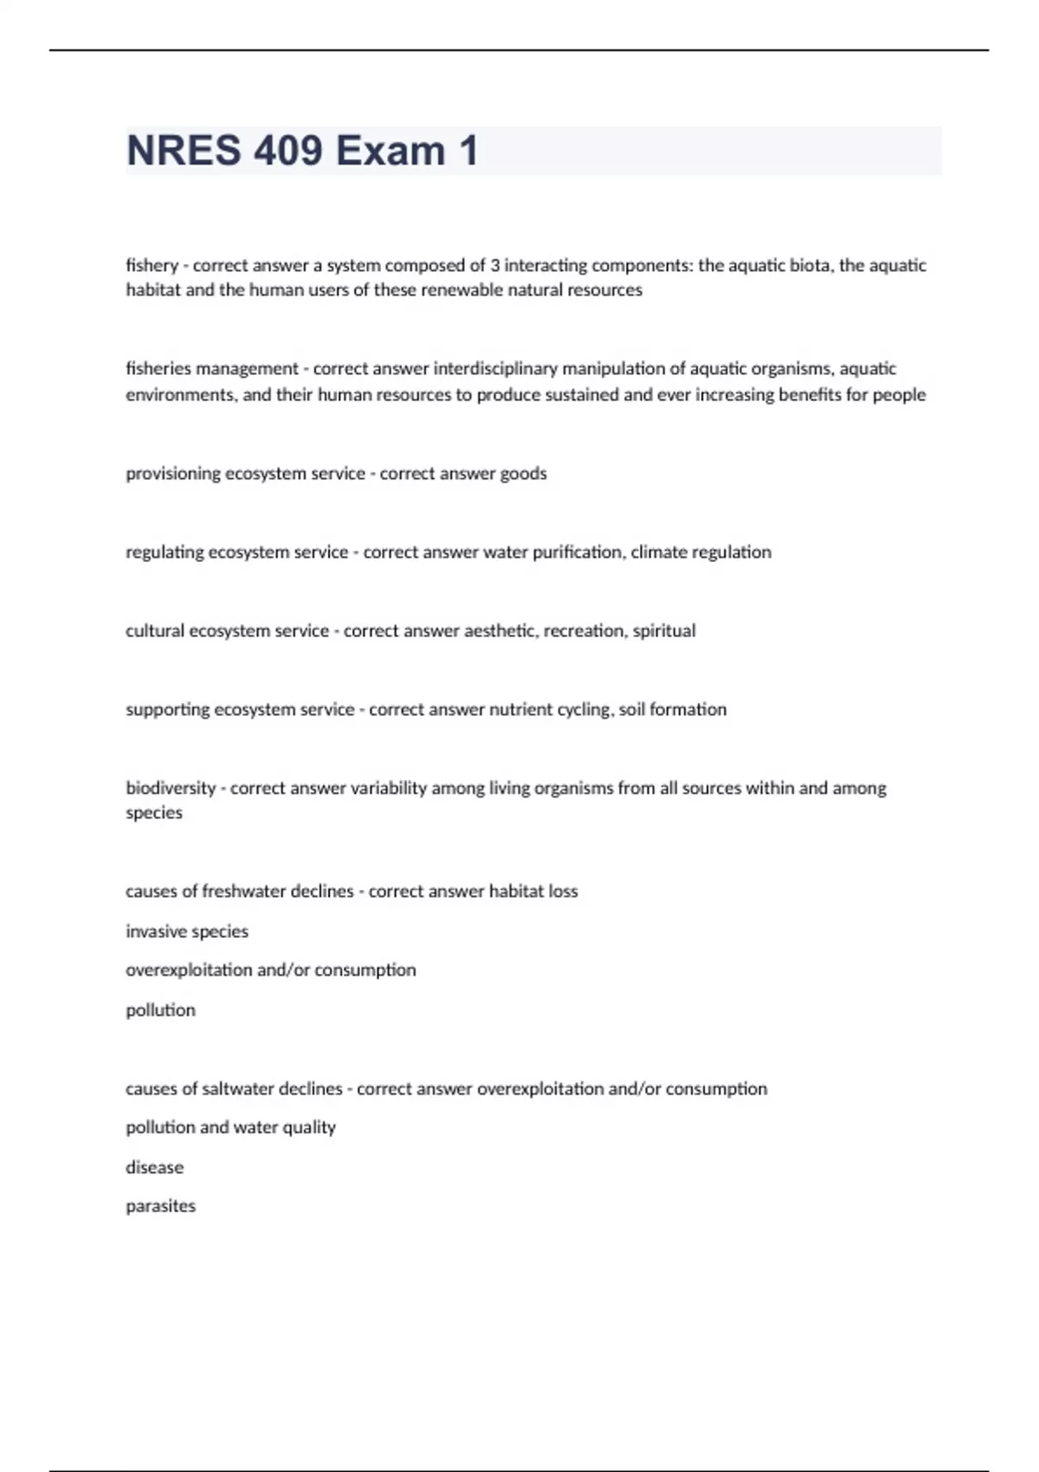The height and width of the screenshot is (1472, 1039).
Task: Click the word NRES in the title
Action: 184,151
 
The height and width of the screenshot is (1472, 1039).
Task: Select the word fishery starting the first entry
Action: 152,265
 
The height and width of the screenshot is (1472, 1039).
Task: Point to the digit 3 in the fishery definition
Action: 494,265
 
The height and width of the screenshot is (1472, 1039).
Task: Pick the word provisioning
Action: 173,474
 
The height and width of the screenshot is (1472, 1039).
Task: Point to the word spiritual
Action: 664,631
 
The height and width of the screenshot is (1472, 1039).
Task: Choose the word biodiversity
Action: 171,789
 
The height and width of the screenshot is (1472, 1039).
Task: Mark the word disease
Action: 154,1168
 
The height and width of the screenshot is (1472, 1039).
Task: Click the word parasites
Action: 160,1206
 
